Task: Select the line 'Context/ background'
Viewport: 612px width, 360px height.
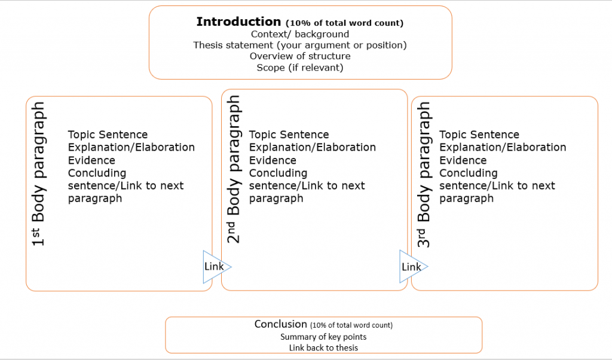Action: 300,34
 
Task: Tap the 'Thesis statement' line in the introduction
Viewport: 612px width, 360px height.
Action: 300,45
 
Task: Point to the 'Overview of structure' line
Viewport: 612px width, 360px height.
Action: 300,56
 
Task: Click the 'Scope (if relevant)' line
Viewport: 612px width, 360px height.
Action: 300,68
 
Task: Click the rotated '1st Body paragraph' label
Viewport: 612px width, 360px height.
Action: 39,174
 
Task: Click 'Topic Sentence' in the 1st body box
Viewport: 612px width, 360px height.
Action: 108,135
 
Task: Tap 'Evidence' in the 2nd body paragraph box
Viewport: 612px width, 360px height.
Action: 273,160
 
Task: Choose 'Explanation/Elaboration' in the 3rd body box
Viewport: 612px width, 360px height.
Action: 503,147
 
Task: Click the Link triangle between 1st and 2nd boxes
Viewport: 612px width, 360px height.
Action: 215,266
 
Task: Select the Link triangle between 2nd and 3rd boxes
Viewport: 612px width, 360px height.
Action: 411,267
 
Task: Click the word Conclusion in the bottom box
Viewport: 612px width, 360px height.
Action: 280,324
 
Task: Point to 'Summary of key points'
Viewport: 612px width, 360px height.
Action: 323,337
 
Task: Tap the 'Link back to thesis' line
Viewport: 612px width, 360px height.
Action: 323,347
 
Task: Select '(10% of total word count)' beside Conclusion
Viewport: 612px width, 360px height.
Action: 351,325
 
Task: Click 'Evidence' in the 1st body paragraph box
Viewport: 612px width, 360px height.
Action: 91,160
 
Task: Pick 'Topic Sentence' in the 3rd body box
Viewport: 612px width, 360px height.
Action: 479,135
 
